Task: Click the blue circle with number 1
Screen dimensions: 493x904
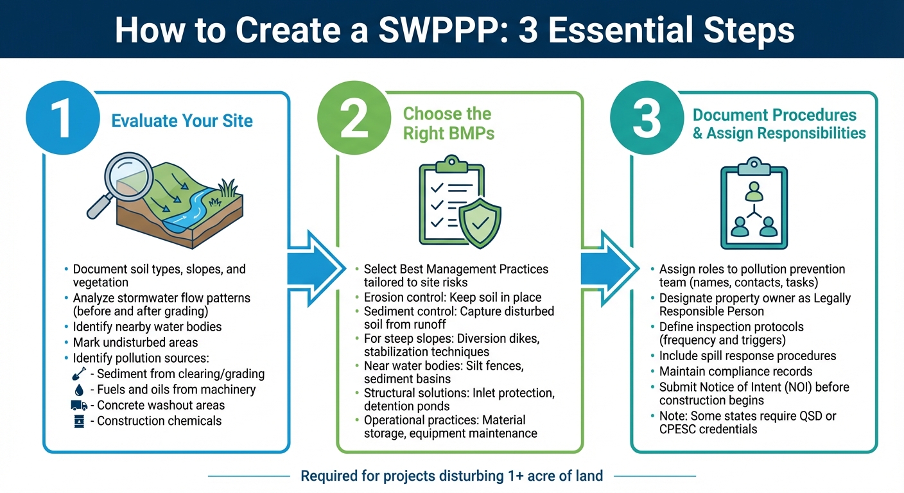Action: tap(63, 118)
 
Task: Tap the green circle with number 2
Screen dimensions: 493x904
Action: tap(354, 118)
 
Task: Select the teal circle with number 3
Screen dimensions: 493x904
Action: tap(646, 118)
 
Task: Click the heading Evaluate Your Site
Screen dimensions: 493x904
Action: tap(182, 121)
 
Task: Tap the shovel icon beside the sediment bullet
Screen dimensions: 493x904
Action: tap(79, 374)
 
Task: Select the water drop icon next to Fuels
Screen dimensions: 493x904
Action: tap(79, 390)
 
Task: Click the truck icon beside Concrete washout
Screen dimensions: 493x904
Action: tap(79, 406)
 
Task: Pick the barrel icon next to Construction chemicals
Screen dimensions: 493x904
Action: tap(79, 422)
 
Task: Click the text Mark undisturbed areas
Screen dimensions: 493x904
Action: tap(135, 342)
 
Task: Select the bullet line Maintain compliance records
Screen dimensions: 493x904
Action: tap(736, 372)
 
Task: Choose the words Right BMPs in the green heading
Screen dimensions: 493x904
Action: tap(449, 133)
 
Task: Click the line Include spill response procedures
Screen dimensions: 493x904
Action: tap(747, 356)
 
